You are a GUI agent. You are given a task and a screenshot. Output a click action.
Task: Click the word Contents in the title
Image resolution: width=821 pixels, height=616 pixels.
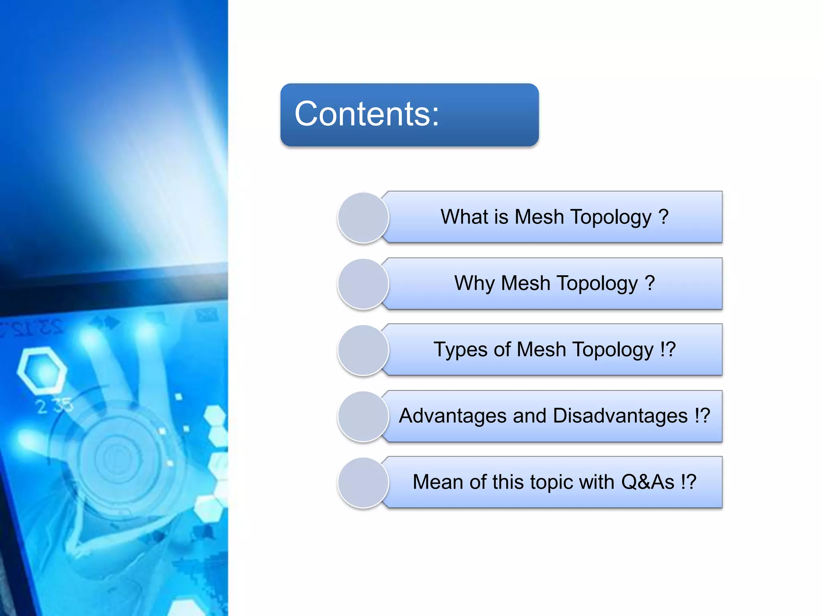click(362, 114)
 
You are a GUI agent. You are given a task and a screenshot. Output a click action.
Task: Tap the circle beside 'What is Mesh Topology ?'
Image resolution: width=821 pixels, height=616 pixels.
click(363, 218)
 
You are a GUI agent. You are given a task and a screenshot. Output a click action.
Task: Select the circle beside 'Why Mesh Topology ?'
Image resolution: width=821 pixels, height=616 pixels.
click(363, 284)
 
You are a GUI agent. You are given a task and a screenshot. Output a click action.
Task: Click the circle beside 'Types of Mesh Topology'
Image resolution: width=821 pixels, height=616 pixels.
click(363, 350)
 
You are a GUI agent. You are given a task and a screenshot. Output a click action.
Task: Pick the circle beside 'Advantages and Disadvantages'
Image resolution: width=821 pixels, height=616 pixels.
click(363, 416)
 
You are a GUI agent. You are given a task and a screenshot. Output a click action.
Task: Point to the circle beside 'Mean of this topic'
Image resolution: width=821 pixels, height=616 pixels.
click(363, 482)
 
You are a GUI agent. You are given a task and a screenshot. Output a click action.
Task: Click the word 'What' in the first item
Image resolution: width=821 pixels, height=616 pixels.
click(464, 217)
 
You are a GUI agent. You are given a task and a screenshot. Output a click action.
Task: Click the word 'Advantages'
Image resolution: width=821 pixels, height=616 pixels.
click(453, 416)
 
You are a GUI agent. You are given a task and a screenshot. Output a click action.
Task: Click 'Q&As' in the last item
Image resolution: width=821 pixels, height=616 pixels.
click(647, 482)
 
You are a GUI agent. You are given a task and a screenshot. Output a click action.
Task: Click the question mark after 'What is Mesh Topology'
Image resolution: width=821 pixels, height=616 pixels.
click(663, 217)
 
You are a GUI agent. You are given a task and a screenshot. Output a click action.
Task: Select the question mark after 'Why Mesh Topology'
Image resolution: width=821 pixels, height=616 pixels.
click(650, 284)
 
